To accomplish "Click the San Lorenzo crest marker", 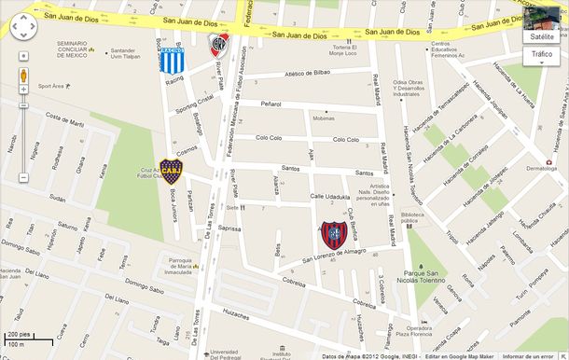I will click(333, 234).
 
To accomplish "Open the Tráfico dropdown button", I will click(541, 55).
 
